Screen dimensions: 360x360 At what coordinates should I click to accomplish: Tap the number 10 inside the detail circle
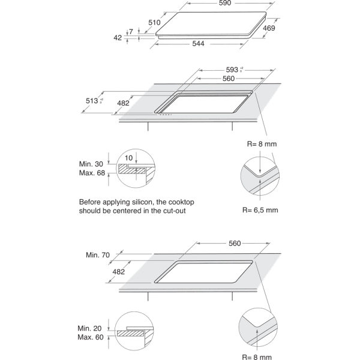[127, 158]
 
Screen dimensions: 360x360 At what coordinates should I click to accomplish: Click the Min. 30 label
[92, 164]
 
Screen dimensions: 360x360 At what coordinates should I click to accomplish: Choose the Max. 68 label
[92, 173]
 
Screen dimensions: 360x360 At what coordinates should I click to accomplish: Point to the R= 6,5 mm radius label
[260, 211]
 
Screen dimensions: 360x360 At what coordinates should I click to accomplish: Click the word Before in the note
[91, 202]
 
